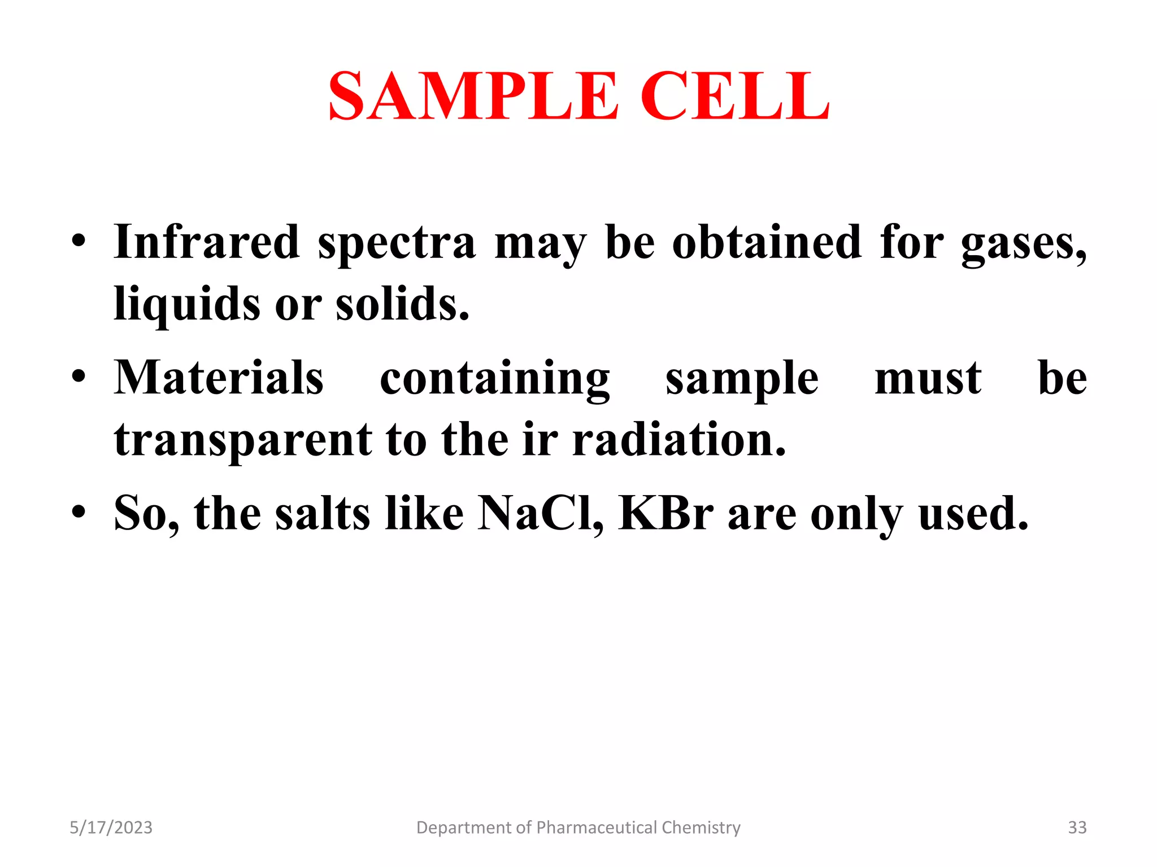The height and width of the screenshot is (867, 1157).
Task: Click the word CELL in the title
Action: [x=734, y=96]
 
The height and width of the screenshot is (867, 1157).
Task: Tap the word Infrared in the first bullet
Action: [x=206, y=243]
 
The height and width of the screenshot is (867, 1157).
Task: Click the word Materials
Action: [x=219, y=378]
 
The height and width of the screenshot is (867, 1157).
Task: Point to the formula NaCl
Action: [x=540, y=514]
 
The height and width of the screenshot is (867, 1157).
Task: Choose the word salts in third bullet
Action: [x=323, y=514]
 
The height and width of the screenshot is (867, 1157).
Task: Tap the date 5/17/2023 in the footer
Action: [x=111, y=827]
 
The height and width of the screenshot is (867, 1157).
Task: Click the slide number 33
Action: [x=1077, y=827]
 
